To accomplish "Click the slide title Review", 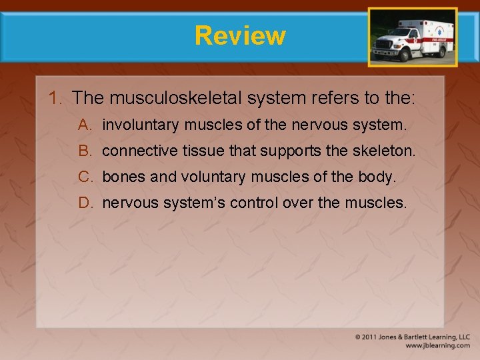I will (x=240, y=35).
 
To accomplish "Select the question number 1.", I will (x=55, y=98).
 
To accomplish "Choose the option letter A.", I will (x=84, y=125).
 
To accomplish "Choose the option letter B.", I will (x=84, y=151).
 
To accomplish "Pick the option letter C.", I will (x=84, y=177).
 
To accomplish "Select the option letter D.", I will (x=84, y=203).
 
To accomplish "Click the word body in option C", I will (x=379, y=177).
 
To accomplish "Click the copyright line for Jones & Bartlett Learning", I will (x=412, y=337).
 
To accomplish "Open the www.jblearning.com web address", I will (x=437, y=346).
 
